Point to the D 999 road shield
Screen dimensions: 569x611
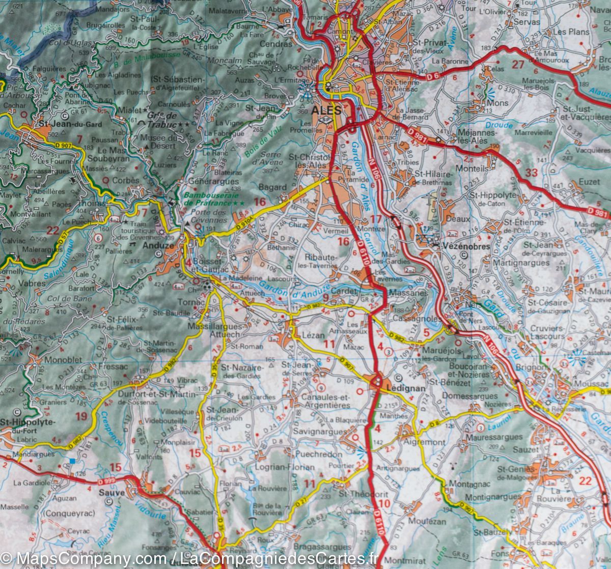tap(106, 481)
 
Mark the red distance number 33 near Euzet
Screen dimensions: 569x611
tap(532, 173)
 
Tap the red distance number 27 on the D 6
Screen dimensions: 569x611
tap(518, 65)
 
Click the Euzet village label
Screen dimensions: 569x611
tap(589, 182)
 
